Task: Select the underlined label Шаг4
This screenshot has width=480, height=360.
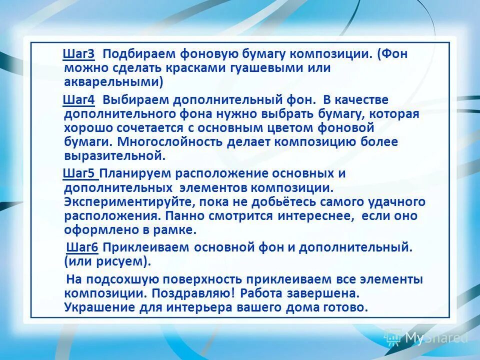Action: coord(79,100)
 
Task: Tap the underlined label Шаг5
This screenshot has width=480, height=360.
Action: coord(80,173)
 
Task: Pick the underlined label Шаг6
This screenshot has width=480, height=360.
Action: coord(83,247)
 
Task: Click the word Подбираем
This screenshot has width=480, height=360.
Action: coord(137,54)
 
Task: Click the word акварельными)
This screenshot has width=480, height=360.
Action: coord(114,81)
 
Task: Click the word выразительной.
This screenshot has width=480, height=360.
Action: coord(114,155)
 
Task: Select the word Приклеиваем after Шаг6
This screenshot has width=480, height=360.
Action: coord(147,247)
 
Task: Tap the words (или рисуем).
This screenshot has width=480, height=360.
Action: coord(107,261)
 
